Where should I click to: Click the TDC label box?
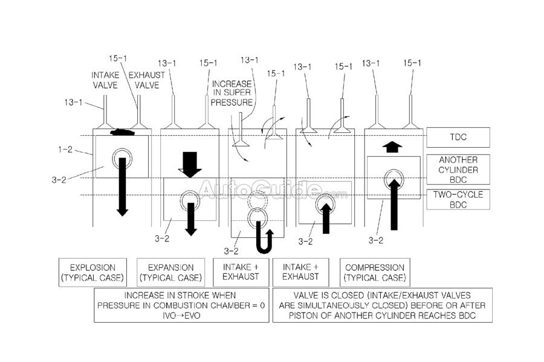point(458,138)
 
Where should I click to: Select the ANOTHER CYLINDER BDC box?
point(458,170)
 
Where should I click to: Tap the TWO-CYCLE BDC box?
point(458,200)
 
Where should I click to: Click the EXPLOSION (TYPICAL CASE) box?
point(93,272)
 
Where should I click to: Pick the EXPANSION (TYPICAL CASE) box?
point(172,272)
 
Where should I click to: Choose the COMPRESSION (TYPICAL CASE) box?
point(375,272)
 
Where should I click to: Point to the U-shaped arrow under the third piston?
point(264,240)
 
